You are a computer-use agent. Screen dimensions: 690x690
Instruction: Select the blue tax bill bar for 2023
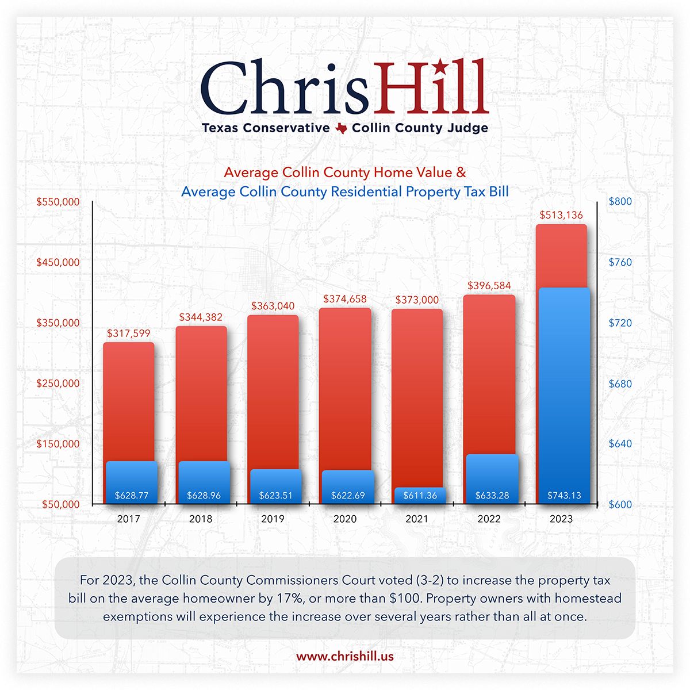[x=564, y=391]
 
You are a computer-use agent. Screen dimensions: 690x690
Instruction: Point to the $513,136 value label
[x=561, y=215]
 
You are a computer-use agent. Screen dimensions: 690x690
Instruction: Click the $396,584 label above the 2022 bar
[x=489, y=285]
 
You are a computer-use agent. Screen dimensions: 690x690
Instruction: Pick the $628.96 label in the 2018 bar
[x=204, y=495]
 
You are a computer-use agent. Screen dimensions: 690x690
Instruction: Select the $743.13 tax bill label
[x=563, y=495]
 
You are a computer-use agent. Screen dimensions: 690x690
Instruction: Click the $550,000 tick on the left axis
[x=58, y=202]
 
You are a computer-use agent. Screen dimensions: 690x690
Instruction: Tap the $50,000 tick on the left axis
[x=60, y=504]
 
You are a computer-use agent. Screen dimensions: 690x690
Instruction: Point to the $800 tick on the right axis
[x=620, y=202]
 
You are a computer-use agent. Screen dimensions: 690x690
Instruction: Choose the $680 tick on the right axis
[x=620, y=384]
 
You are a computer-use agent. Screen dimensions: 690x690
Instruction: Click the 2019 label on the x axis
[x=273, y=519]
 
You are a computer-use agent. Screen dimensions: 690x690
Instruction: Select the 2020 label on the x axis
[x=345, y=519]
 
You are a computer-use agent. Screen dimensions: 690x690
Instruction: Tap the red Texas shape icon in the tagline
[x=341, y=128]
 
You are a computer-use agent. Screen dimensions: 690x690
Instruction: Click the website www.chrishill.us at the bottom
[x=345, y=656]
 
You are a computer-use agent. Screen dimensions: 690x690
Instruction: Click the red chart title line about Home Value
[x=345, y=172]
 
